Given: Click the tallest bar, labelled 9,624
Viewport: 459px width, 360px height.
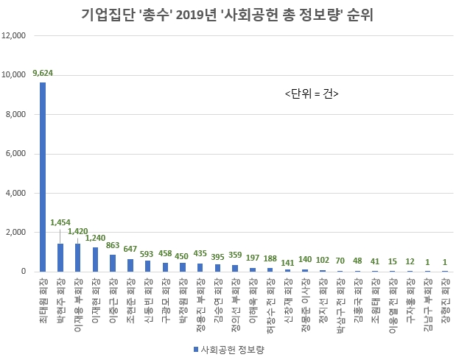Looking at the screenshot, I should pos(43,177).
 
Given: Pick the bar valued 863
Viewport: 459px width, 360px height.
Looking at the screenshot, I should pos(113,263).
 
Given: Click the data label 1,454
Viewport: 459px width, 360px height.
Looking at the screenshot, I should pos(61,222).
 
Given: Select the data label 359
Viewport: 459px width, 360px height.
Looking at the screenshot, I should pos(236,255).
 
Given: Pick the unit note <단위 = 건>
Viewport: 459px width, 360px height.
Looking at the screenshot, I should pos(312,93).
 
